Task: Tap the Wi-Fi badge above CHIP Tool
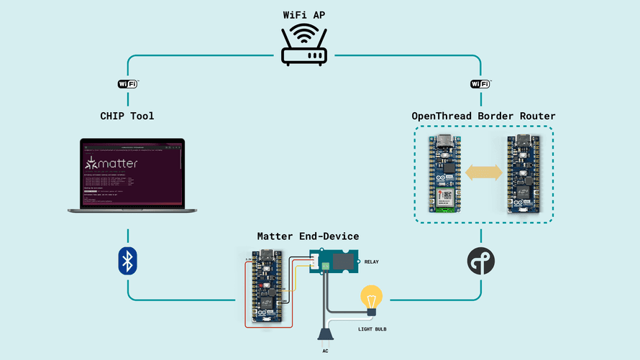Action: click(127, 84)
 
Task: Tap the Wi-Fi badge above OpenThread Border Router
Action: click(480, 84)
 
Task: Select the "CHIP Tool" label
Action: click(127, 116)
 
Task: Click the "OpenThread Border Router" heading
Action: click(483, 116)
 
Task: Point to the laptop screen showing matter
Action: click(132, 172)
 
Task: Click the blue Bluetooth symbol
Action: click(128, 261)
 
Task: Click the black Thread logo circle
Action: click(480, 262)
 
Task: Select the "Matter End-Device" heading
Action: click(308, 236)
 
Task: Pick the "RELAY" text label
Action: click(372, 262)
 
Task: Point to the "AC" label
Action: click(326, 351)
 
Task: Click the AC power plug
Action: click(326, 333)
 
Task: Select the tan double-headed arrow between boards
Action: click(483, 173)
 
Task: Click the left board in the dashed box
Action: click(444, 173)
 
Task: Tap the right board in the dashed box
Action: click(523, 173)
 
